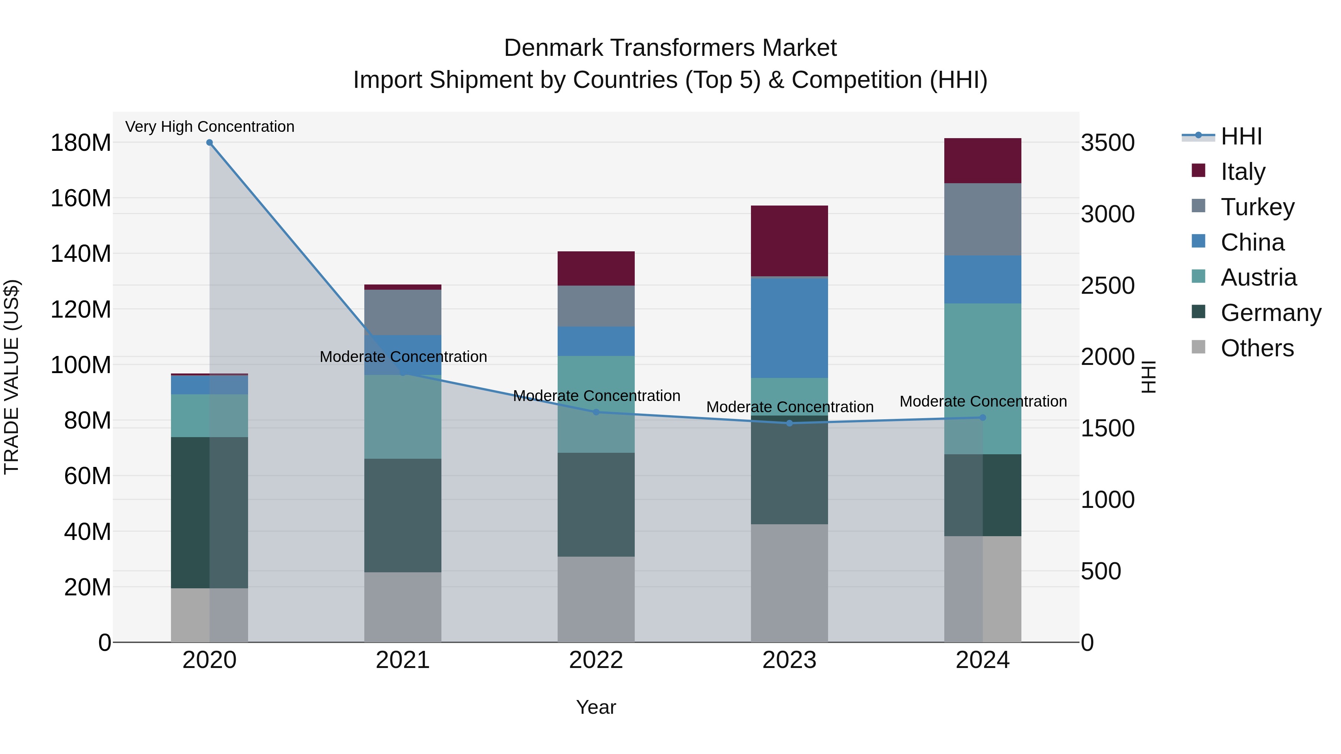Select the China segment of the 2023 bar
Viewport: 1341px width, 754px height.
[x=789, y=328]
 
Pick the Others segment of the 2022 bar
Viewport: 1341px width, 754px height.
[x=596, y=599]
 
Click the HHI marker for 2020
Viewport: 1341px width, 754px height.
[x=209, y=143]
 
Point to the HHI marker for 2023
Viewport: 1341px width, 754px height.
[x=789, y=423]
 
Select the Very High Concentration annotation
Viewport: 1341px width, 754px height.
[x=210, y=127]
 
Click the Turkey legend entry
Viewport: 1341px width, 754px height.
[x=1257, y=207]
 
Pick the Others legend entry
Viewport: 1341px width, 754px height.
[x=1257, y=348]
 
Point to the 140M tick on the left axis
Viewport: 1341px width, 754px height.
[x=81, y=254]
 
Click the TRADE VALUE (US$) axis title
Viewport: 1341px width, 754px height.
[x=12, y=377]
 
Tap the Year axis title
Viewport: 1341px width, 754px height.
[x=596, y=707]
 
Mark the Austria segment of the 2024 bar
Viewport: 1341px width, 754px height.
[x=982, y=378]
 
